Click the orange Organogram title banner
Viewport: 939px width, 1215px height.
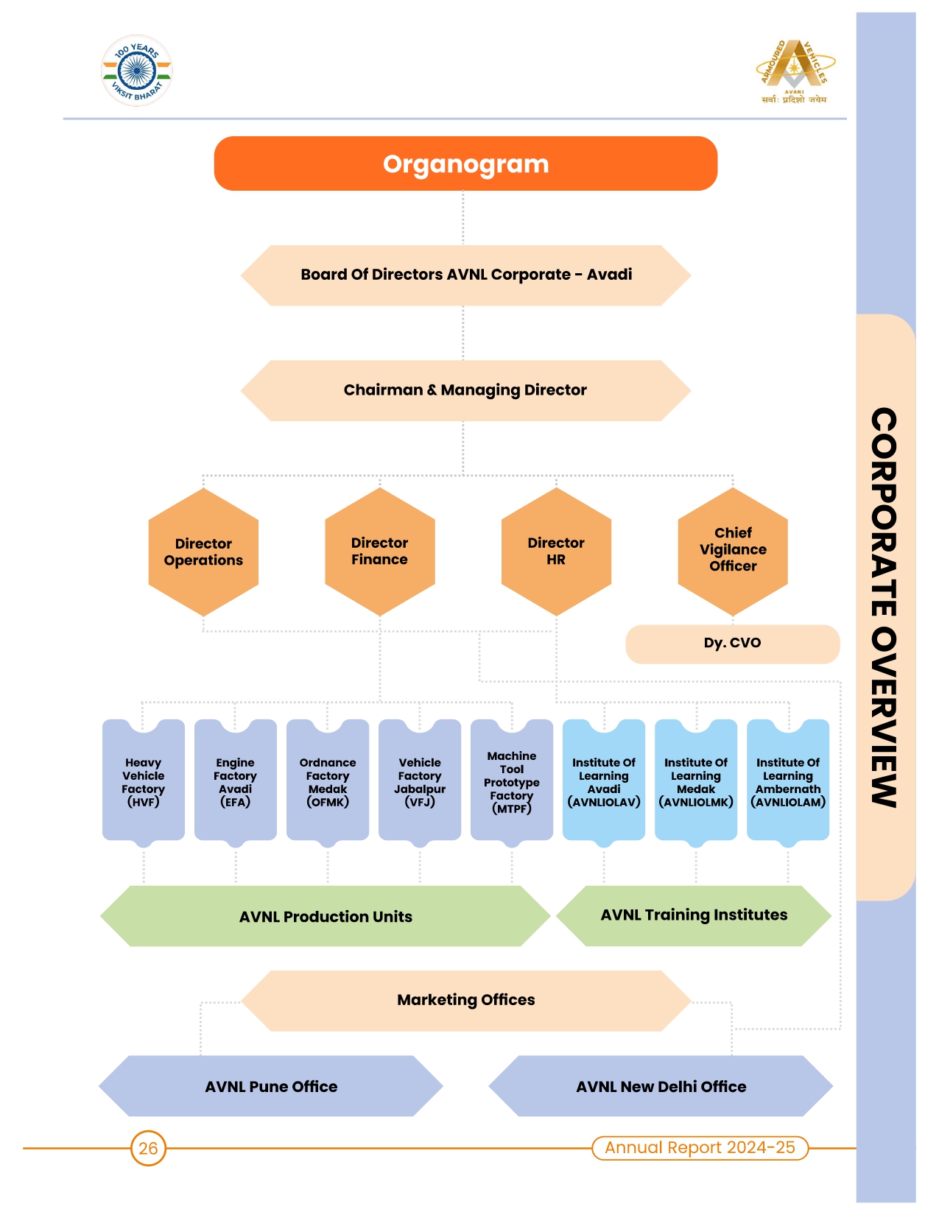pos(465,163)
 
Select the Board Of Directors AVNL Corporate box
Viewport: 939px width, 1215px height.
pos(465,275)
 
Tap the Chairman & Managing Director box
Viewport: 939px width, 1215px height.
pos(465,390)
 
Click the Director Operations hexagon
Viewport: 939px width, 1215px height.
pos(203,552)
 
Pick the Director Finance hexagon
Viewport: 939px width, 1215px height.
pos(379,552)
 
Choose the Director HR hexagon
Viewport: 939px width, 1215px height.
pos(556,552)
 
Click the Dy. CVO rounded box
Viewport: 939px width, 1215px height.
pos(732,644)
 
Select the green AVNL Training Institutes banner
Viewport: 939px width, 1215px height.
pos(693,915)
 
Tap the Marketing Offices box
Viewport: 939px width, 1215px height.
pos(465,1000)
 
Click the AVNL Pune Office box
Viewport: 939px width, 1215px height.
pos(271,1087)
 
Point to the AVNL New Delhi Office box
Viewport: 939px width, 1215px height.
pos(661,1087)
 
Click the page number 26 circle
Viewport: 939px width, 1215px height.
pos(148,1148)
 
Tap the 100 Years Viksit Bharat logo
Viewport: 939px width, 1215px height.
pos(137,71)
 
